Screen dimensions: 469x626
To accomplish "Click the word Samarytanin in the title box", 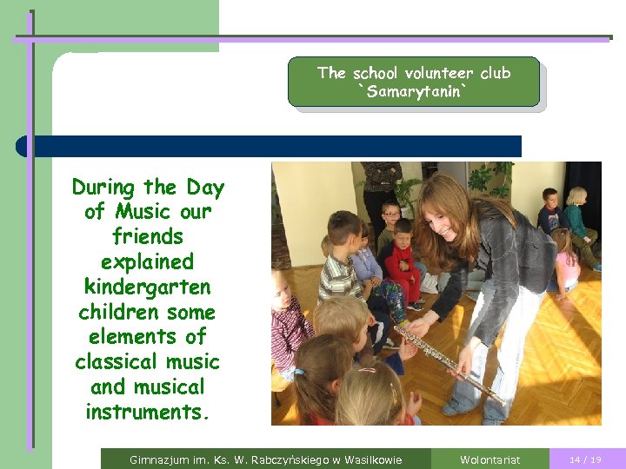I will tap(414, 90).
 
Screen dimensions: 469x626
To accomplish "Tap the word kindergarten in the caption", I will tap(148, 286).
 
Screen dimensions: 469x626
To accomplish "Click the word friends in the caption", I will tap(148, 236).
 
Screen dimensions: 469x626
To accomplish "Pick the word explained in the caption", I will tap(148, 261).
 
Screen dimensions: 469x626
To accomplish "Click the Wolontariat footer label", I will tap(489, 459).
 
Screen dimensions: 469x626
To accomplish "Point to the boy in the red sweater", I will tap(403, 261).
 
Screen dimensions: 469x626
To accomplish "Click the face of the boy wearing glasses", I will tap(391, 212).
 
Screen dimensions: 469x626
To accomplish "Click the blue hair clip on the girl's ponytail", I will tap(299, 373).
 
